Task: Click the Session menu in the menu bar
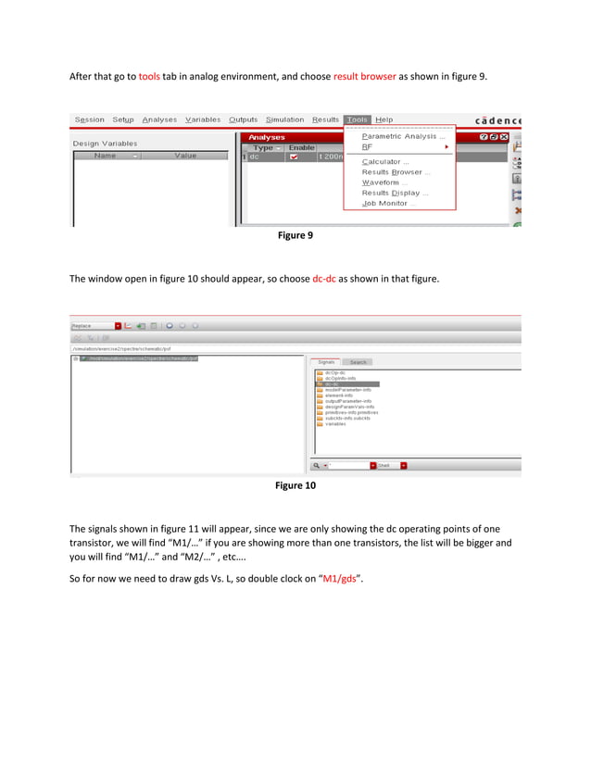(90, 119)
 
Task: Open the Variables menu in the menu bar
(203, 119)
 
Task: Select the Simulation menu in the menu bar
(284, 119)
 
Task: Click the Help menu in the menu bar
(384, 119)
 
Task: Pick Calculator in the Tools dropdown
(385, 161)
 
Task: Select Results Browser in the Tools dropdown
(396, 172)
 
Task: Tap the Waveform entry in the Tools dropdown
(384, 182)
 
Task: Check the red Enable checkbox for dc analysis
(294, 157)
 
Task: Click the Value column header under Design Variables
(185, 156)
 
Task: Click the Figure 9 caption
(295, 235)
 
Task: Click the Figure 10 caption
(295, 484)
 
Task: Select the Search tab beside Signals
(358, 362)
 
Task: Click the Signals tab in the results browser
(327, 362)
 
